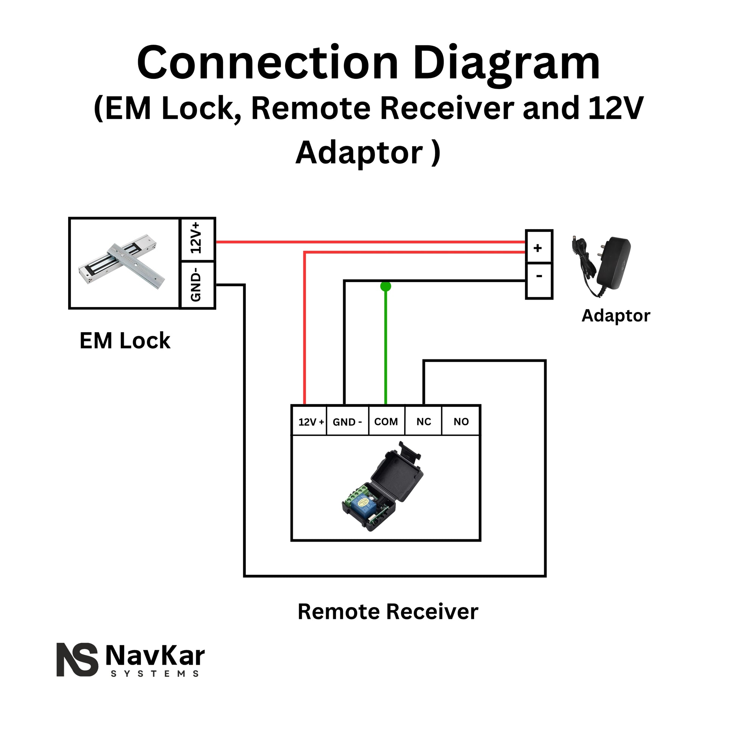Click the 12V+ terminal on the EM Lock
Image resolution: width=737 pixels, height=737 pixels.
click(x=197, y=240)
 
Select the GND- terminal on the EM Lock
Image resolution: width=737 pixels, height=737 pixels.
click(x=197, y=284)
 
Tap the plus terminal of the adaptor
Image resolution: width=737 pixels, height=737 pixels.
click(x=538, y=248)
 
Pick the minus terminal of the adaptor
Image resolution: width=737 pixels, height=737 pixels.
click(x=538, y=279)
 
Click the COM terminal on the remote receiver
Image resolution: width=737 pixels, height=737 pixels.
click(x=386, y=422)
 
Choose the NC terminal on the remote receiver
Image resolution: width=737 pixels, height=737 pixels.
click(x=423, y=422)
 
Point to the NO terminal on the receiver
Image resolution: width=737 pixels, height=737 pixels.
click(x=461, y=422)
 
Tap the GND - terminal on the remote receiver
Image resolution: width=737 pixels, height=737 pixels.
click(x=347, y=422)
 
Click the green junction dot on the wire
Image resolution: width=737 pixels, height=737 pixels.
click(x=386, y=286)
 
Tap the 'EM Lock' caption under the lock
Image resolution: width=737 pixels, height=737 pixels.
click(x=125, y=340)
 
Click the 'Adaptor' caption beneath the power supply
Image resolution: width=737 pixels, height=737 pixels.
click(x=615, y=316)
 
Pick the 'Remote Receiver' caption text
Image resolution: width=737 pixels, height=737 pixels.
click(x=387, y=612)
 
